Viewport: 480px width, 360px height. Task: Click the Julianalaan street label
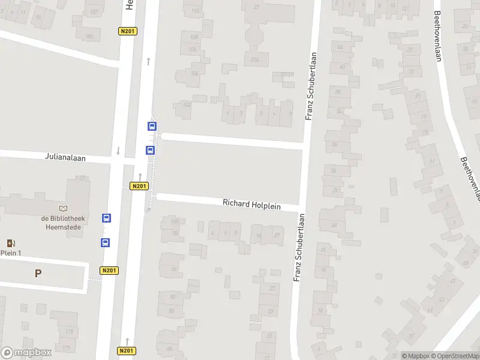(65, 157)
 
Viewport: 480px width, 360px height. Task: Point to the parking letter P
(38, 273)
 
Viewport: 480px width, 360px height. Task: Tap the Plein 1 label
(11, 253)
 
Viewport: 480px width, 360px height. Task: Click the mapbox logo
(26, 352)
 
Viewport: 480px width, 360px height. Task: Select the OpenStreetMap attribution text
(454, 356)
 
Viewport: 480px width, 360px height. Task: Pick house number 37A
(254, 59)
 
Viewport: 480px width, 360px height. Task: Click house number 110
(194, 11)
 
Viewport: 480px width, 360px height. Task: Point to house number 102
(187, 104)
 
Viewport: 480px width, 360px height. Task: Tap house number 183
(90, 37)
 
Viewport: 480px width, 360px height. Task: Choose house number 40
(341, 67)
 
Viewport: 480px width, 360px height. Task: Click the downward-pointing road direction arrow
(118, 151)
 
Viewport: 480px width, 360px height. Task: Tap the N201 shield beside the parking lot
(109, 271)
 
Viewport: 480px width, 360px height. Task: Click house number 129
(69, 331)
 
